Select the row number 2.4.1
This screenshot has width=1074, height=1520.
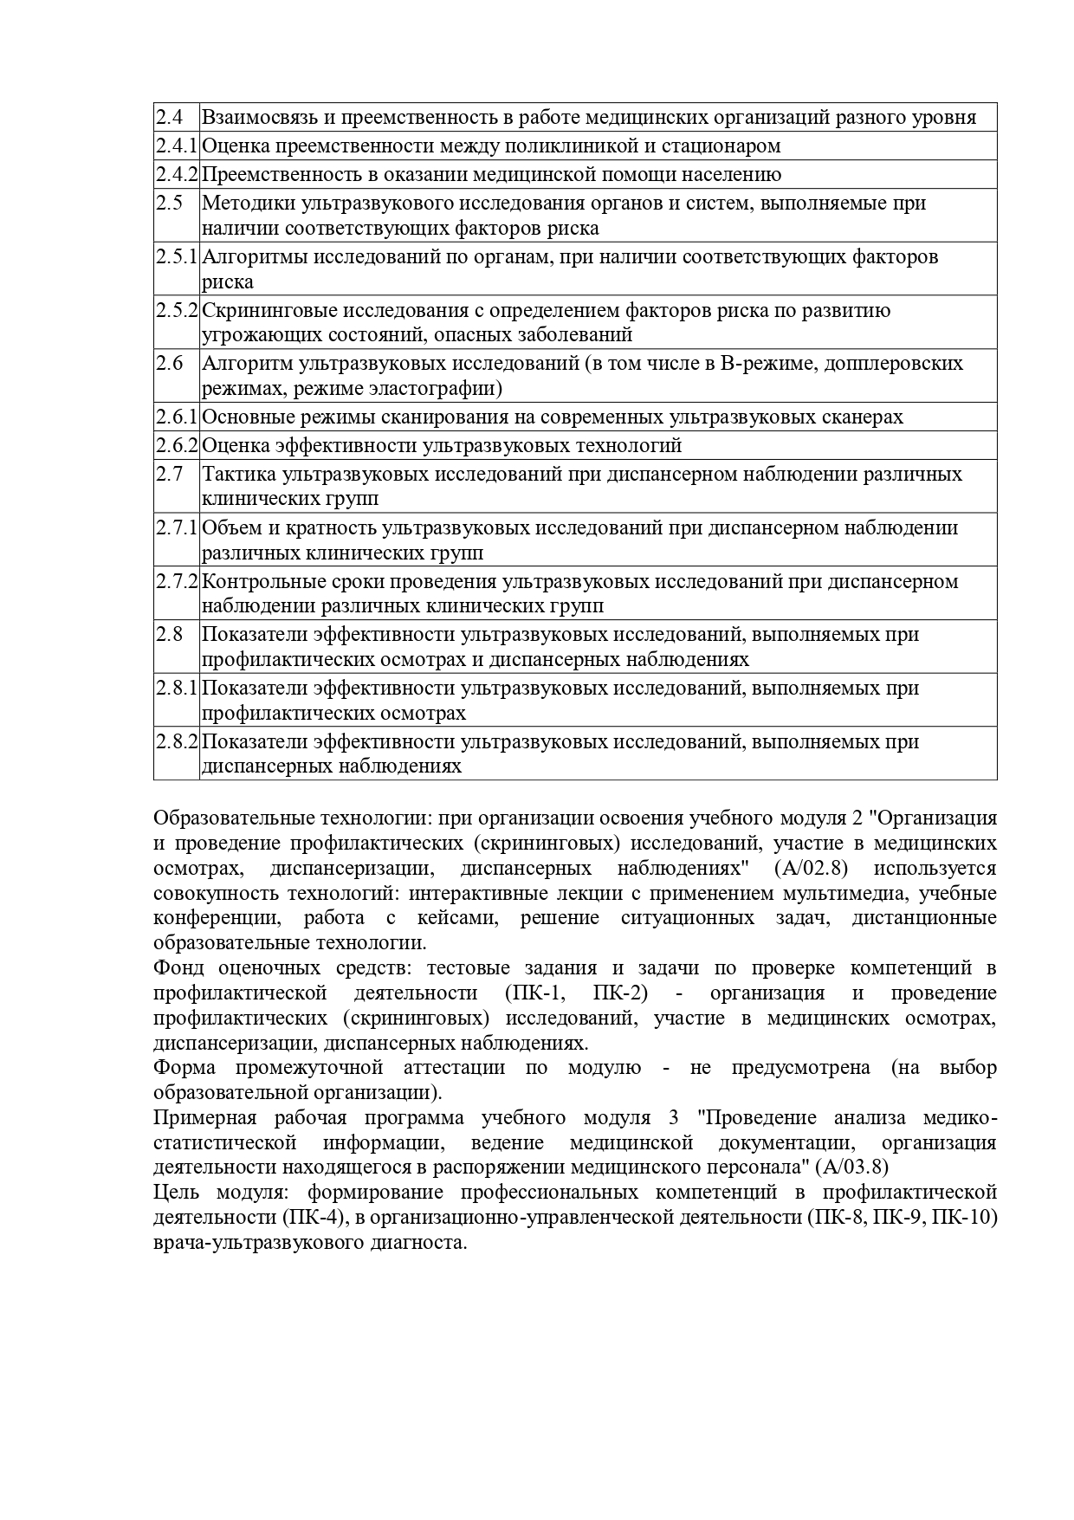[177, 146]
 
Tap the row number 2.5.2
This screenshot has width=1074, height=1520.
[177, 310]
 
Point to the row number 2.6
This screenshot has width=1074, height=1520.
[170, 364]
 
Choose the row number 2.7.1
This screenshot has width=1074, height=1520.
[177, 528]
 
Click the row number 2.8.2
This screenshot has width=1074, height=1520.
[177, 742]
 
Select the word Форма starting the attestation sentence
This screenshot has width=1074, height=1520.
[184, 1068]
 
